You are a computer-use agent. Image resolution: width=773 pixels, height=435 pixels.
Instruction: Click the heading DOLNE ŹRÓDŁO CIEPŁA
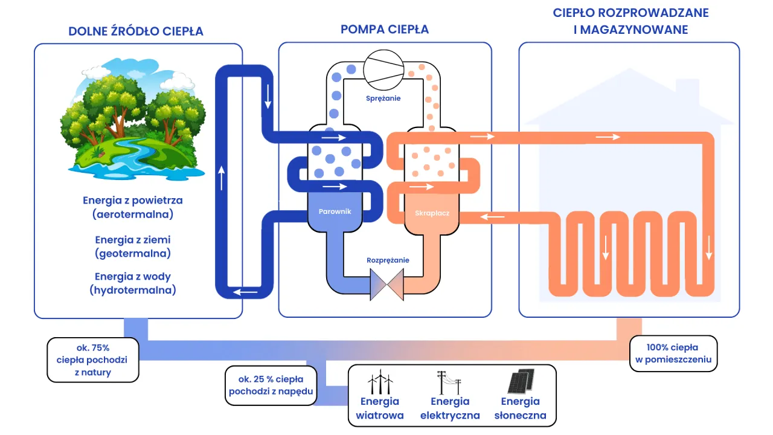(x=136, y=31)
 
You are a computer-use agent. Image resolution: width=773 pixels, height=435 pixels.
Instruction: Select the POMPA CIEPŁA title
(x=385, y=29)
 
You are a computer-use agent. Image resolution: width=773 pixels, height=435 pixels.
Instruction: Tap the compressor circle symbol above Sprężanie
(x=384, y=68)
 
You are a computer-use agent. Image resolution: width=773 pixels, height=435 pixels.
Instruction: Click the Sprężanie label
(x=384, y=98)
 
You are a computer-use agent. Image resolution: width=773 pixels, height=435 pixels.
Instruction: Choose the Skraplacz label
(x=432, y=213)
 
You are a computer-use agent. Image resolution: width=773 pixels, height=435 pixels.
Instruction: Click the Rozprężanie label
(x=388, y=260)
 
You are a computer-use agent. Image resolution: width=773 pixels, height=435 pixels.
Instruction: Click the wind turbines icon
(x=380, y=382)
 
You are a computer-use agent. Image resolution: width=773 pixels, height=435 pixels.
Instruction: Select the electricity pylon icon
(x=449, y=382)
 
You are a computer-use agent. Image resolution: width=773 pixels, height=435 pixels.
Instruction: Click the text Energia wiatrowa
(x=379, y=408)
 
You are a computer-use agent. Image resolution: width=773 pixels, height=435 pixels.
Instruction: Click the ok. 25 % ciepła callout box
(x=271, y=385)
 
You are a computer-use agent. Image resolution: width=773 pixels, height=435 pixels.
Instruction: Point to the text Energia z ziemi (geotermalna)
(x=133, y=246)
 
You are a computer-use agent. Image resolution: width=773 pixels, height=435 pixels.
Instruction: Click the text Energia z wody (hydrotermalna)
(x=133, y=283)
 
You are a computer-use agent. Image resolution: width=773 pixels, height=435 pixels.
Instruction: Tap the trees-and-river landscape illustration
(x=132, y=118)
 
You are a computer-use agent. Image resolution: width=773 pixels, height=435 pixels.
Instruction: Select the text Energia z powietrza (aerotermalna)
(x=133, y=207)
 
